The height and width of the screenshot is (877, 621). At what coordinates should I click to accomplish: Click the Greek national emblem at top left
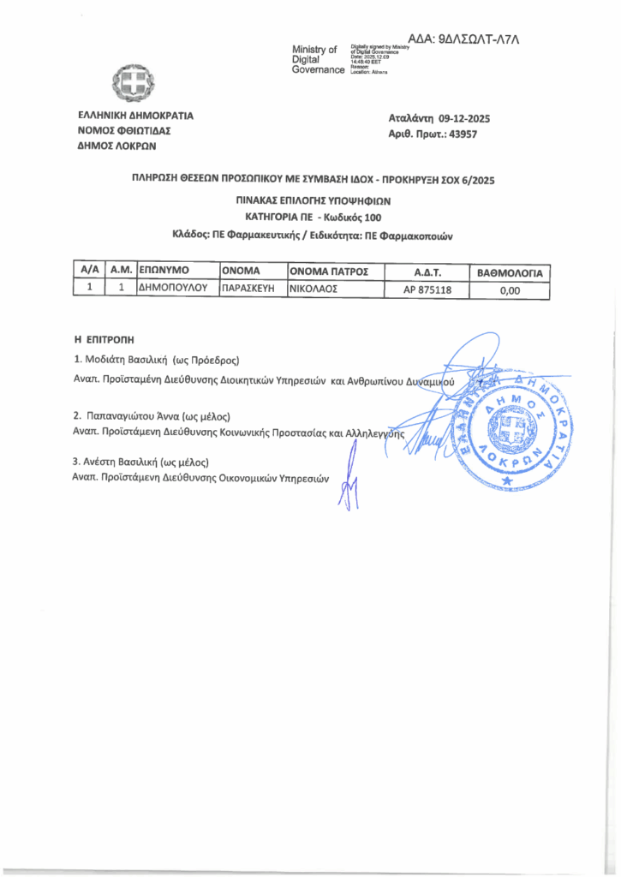click(x=133, y=84)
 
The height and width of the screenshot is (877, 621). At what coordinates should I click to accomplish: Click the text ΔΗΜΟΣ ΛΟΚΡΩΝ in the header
click(x=112, y=146)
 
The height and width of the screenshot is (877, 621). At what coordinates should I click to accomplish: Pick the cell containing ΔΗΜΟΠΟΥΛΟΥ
click(x=174, y=289)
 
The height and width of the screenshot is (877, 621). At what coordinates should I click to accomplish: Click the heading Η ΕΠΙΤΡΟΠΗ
click(x=105, y=340)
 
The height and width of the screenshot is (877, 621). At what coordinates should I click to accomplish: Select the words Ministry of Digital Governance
click(x=318, y=59)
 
